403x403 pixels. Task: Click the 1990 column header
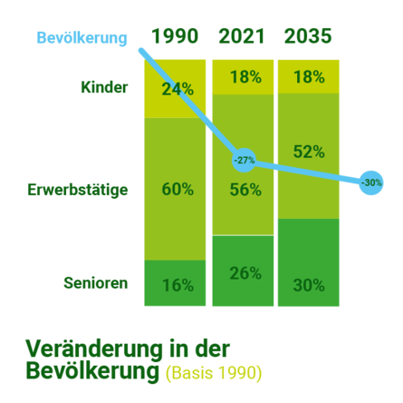pos(175,37)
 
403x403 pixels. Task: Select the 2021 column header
pos(242,37)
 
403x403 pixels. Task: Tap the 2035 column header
pos(308,37)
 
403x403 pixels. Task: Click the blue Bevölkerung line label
pos(81,37)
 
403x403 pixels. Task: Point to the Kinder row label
pos(104,88)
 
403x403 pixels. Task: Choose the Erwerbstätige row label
pos(78,191)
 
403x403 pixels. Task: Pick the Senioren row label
pos(95,282)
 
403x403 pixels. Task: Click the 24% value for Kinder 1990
pos(178,89)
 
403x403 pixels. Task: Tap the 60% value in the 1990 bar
pos(178,190)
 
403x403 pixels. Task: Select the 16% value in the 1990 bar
pos(178,285)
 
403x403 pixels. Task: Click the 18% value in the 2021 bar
pos(245,77)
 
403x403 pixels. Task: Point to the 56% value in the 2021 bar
pos(245,190)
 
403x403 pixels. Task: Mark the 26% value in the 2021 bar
pos(245,273)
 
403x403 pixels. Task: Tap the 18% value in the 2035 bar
pos(309,77)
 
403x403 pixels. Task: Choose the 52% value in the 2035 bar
pos(309,151)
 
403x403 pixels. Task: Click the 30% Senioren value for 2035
pos(309,285)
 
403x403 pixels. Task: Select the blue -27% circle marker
pos(244,161)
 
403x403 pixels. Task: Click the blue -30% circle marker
pos(371,182)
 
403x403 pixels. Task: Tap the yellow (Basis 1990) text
pos(215,373)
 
